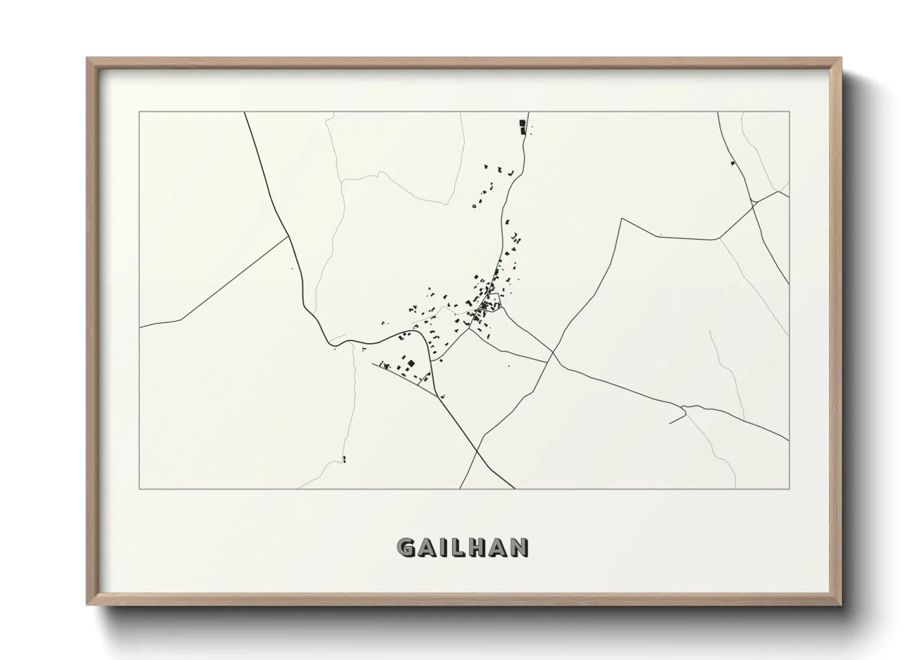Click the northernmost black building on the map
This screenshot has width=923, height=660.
point(523,124)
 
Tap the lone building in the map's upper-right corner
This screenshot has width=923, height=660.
point(732,163)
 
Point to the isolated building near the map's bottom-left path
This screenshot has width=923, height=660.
point(344,460)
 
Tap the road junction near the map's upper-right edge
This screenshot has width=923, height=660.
point(753,202)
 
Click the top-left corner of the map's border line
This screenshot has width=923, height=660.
point(140,112)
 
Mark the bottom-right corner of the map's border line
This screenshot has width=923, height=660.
point(789,488)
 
